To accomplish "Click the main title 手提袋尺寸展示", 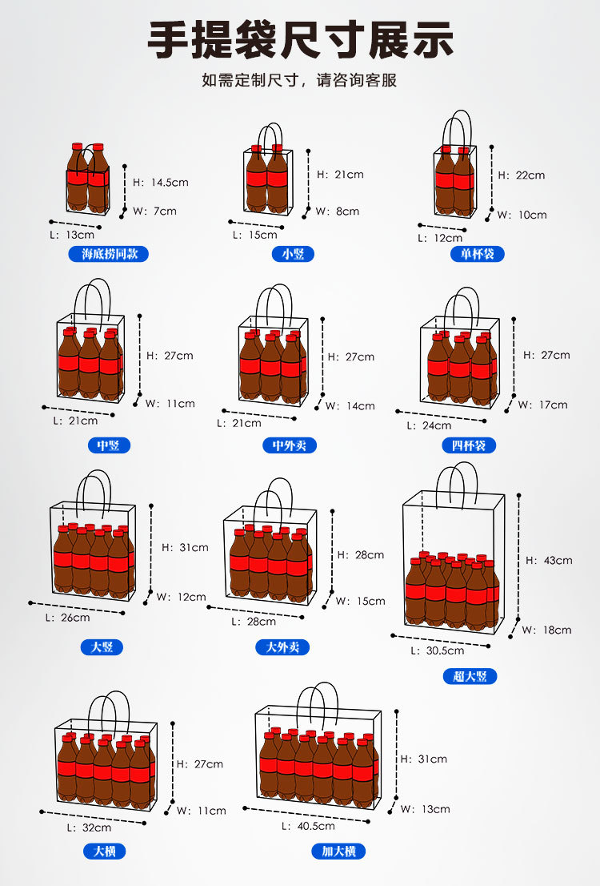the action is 300,40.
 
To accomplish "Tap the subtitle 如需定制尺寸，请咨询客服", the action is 299,81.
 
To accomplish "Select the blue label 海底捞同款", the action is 109,255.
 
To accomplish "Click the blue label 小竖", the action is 293,255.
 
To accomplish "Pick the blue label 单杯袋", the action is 477,255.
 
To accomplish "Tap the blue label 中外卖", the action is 290,445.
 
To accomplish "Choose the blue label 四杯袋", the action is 474,445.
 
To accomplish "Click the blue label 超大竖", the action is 470,676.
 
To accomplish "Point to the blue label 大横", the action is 105,852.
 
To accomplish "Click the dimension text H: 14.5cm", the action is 160,183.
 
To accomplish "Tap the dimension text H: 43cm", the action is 548,561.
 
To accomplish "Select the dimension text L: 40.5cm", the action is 308,826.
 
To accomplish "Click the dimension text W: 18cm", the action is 546,630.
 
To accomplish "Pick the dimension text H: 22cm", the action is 521,175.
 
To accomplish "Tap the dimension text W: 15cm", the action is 360,602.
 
